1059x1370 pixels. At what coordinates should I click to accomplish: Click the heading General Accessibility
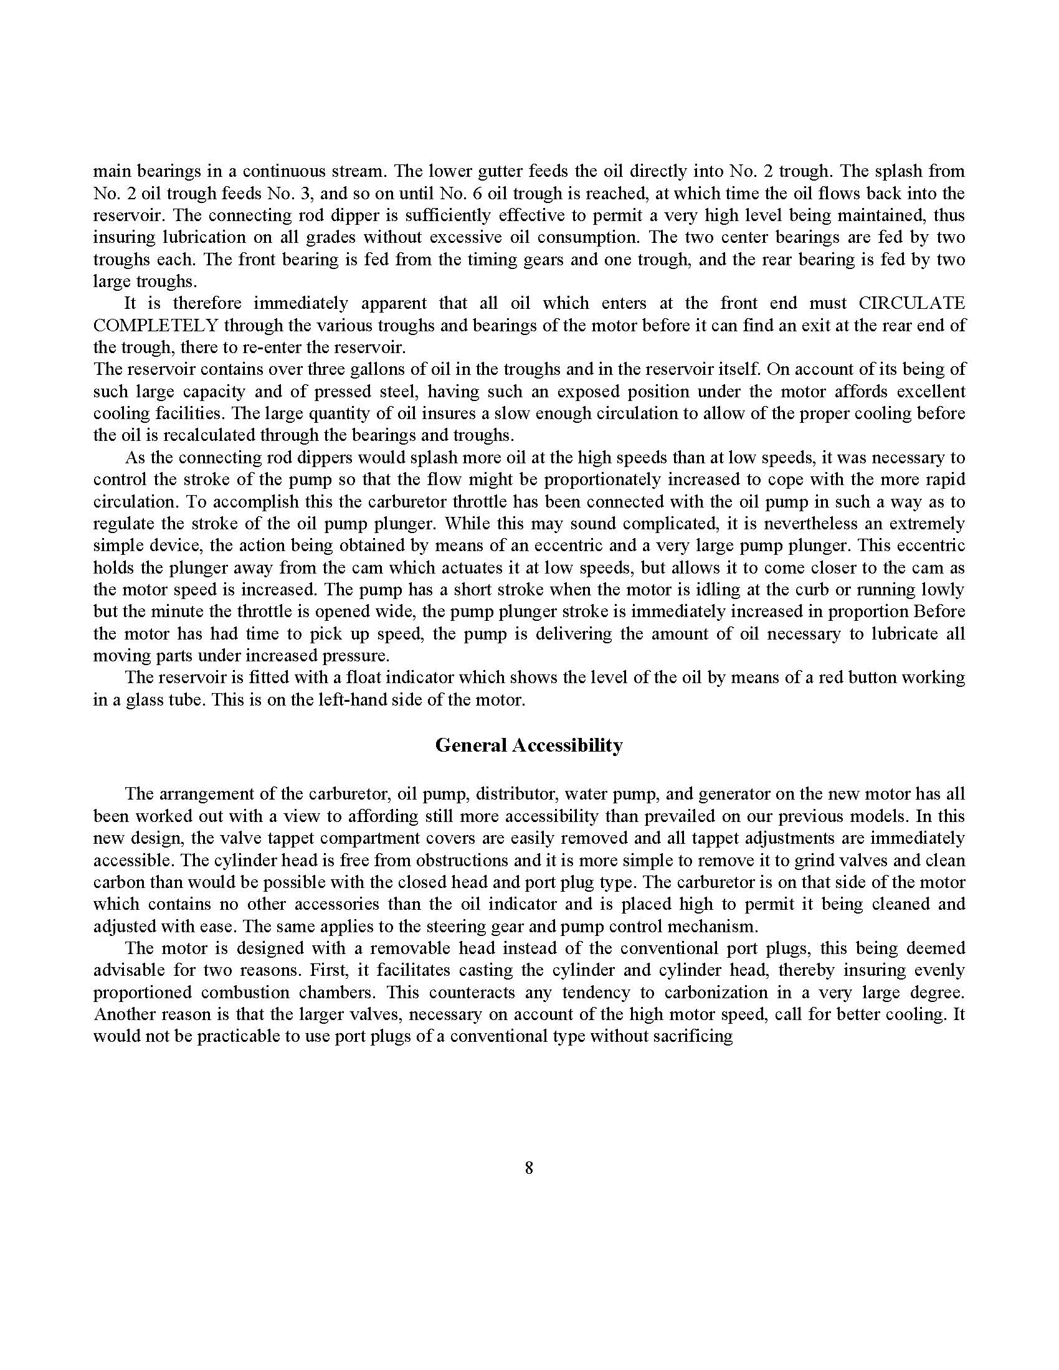(529, 745)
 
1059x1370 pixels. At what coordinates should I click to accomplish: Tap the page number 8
(529, 1168)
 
